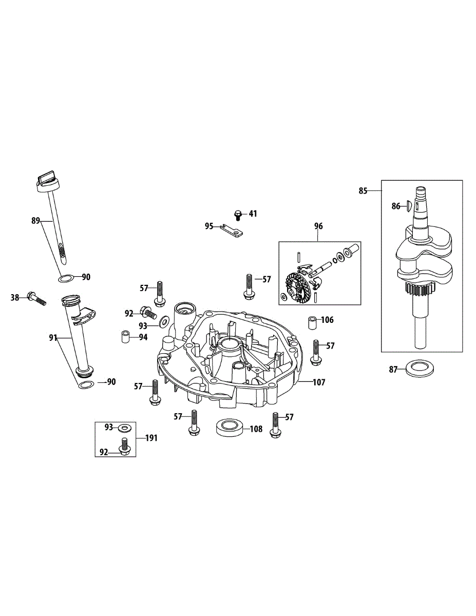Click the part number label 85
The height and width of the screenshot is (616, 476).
(x=363, y=191)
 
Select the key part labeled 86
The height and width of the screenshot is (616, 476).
(x=408, y=206)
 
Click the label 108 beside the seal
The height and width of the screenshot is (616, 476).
(x=257, y=429)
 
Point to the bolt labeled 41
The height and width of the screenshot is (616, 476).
(x=238, y=213)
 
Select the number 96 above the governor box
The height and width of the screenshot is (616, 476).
(x=318, y=226)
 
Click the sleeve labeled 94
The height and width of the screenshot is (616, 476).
(x=124, y=338)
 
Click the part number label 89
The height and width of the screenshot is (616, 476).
(x=35, y=221)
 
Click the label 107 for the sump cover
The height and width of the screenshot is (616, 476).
(x=319, y=382)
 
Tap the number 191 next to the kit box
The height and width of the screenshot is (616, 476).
(x=151, y=438)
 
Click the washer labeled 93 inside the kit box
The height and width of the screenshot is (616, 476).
(x=123, y=427)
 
